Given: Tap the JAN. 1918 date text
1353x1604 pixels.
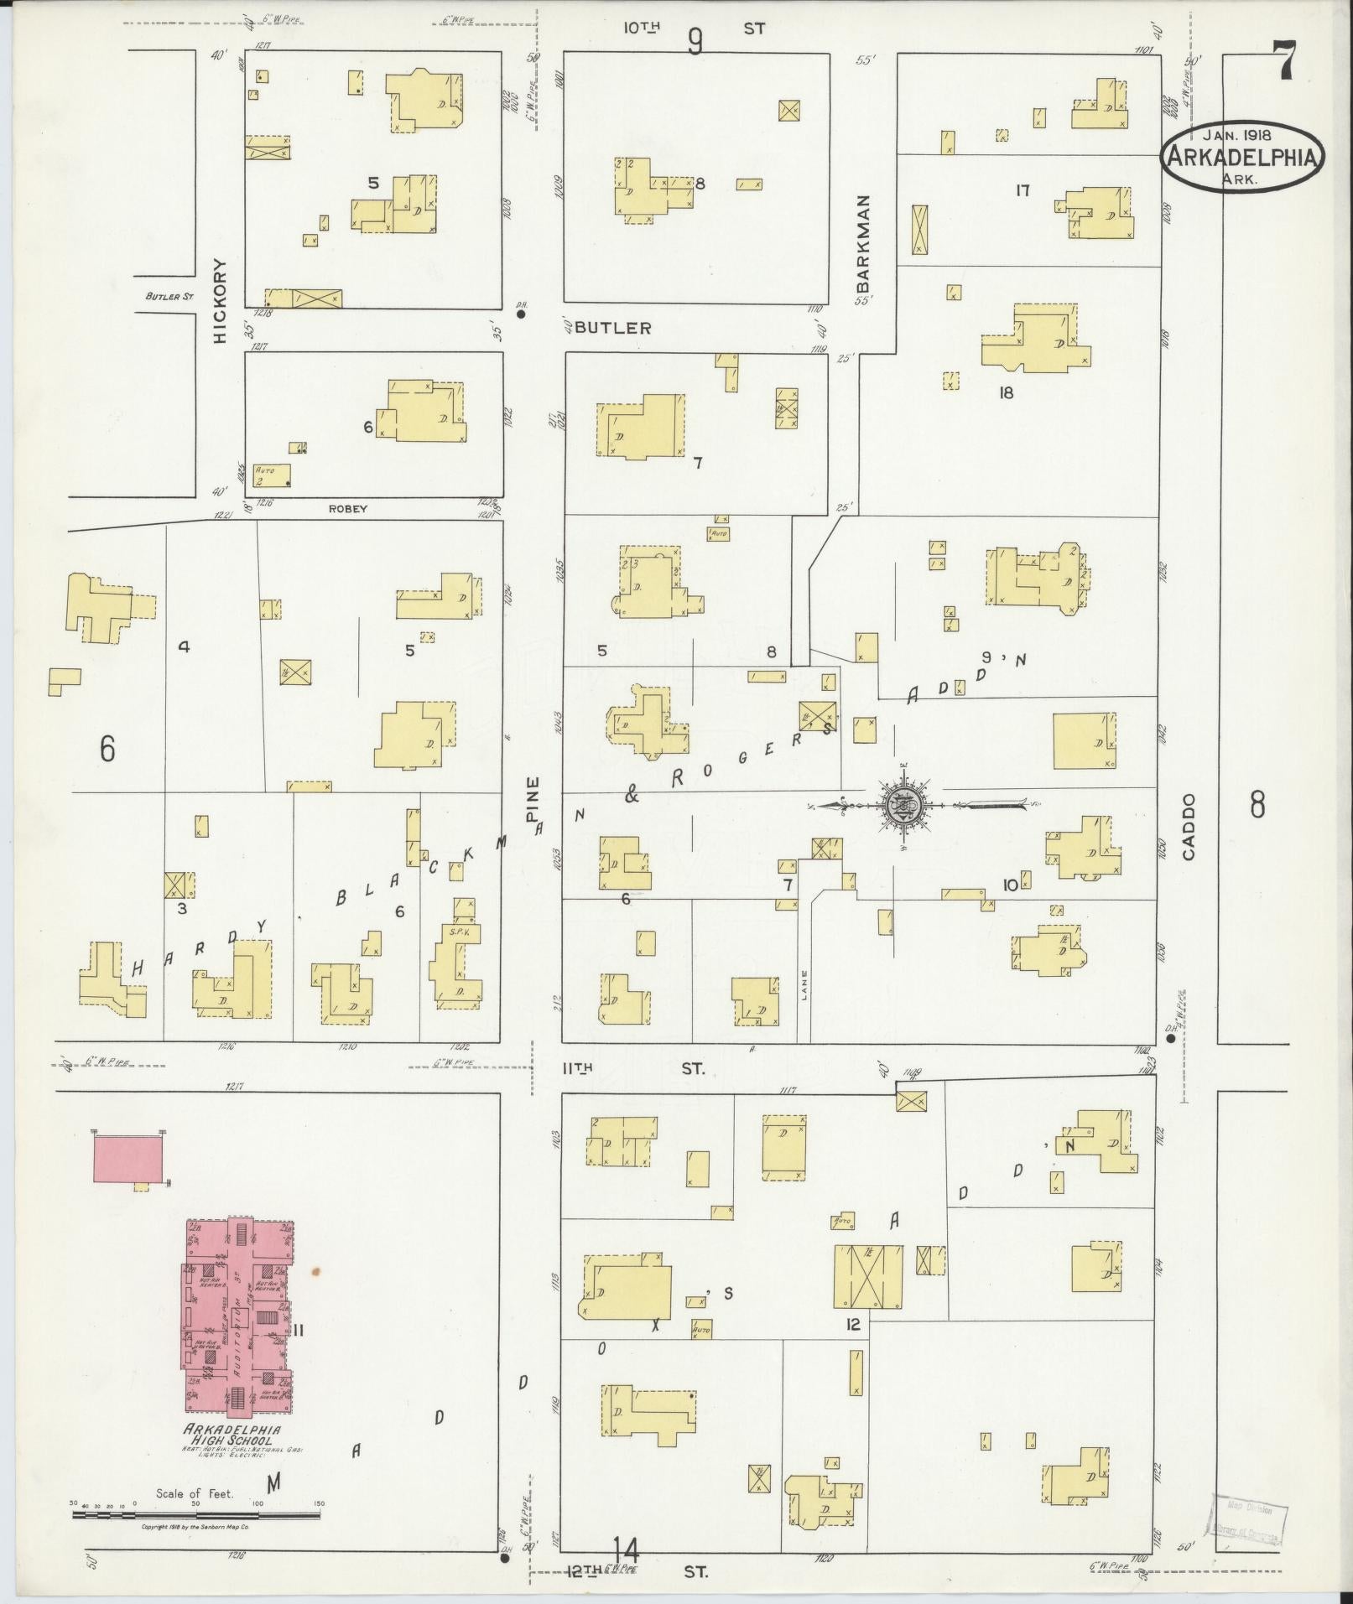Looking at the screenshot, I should [x=1239, y=133].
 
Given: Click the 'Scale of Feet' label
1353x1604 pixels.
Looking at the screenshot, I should [x=194, y=1493].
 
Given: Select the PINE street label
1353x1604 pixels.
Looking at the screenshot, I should [x=533, y=801].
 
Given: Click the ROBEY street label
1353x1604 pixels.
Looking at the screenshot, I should [x=348, y=509].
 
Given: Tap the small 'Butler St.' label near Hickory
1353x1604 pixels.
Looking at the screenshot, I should [x=169, y=296].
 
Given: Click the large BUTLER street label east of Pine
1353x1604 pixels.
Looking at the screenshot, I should [x=613, y=328].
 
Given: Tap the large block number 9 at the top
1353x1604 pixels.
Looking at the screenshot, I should [x=695, y=40].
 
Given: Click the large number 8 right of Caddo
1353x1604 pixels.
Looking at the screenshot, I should [x=1257, y=806].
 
